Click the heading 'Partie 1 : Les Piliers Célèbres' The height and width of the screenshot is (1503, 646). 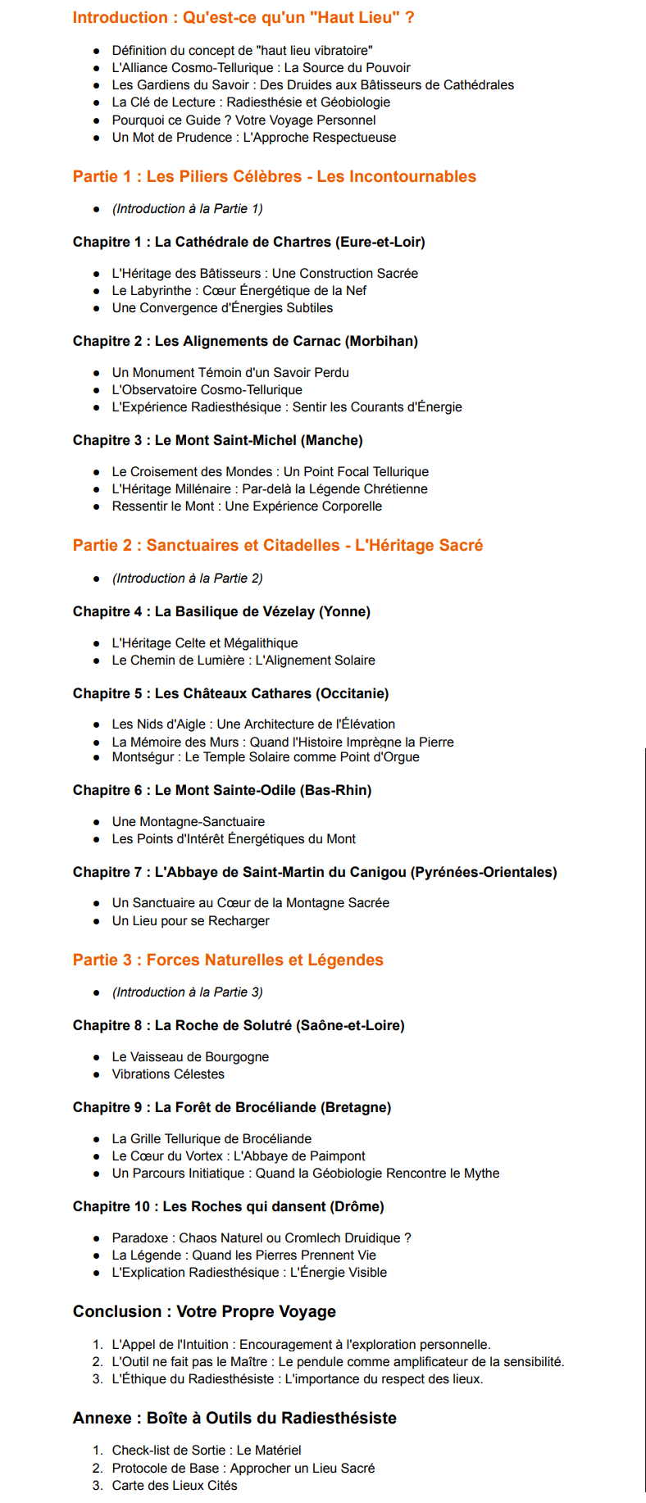coord(274,176)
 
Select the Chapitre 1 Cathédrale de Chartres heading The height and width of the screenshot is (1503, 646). coord(248,242)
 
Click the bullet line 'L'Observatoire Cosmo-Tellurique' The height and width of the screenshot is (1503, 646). coord(207,389)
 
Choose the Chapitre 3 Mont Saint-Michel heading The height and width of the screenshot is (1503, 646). coord(217,440)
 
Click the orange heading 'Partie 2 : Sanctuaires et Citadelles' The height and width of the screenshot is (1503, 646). coord(277,545)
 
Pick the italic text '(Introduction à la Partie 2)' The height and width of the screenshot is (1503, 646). coord(187,578)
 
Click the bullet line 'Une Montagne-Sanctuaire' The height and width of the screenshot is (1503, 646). coord(188,821)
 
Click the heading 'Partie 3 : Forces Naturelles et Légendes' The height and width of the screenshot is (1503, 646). coord(228,960)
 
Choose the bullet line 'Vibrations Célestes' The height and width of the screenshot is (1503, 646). coord(168,1074)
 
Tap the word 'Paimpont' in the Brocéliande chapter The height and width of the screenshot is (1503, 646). coord(337,1156)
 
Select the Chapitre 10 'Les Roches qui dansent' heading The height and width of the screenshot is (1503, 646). coord(228,1206)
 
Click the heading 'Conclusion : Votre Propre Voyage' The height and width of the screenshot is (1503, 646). coord(204,1311)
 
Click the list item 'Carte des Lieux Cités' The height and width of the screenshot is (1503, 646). coord(175,1485)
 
